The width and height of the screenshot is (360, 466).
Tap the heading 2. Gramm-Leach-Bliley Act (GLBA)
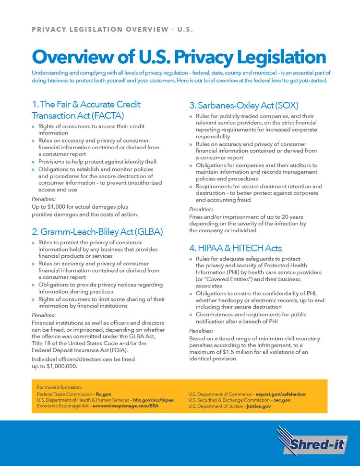[97, 232]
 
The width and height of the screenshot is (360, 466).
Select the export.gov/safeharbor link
[281, 394]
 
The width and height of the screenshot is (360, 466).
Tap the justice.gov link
[259, 406]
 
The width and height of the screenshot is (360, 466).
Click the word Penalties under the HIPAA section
[201, 331]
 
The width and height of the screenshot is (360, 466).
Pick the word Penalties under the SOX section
[201, 209]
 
